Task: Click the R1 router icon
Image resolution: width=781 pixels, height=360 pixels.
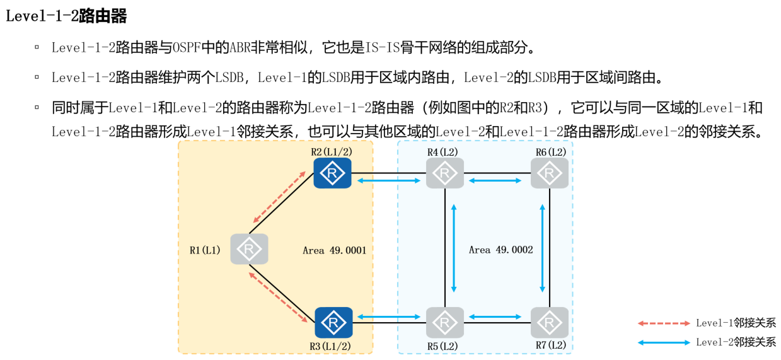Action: pos(249,249)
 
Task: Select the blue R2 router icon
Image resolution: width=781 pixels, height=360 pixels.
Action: pos(332,173)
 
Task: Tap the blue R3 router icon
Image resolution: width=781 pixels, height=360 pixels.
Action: pos(333,322)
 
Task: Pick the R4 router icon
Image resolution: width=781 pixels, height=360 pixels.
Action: pos(444,173)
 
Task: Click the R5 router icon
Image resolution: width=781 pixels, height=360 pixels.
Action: pos(444,322)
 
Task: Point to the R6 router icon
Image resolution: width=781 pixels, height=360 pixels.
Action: pos(549,173)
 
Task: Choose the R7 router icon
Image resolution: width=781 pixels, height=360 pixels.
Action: pos(549,322)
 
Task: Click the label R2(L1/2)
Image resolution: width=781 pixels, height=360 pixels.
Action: pos(331,152)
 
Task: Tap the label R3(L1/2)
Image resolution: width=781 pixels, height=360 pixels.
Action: pos(330,345)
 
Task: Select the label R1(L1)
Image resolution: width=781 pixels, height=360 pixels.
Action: pos(205,250)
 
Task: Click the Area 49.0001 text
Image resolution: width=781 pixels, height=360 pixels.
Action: pos(334,250)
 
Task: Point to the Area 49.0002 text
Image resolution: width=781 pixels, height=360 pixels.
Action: pos(500,250)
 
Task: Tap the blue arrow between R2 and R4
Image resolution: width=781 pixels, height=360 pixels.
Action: pos(389,181)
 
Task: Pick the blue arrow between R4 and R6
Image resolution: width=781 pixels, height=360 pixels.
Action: pos(495,181)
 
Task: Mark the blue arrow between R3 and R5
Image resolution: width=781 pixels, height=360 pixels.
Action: pos(389,316)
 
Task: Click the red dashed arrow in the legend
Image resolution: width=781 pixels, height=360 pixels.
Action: pos(664,323)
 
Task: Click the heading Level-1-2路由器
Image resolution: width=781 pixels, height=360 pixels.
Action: pos(66,16)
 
